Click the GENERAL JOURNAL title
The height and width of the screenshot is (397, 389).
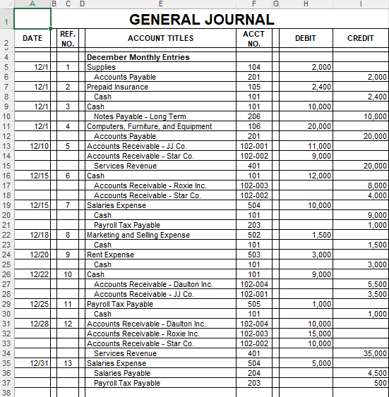(x=201, y=20)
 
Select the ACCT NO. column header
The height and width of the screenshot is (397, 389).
(x=254, y=38)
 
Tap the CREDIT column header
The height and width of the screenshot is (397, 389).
(x=361, y=38)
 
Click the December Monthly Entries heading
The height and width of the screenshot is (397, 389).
(x=138, y=57)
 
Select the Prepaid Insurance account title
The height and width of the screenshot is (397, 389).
(x=117, y=87)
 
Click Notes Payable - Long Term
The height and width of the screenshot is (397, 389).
(x=140, y=116)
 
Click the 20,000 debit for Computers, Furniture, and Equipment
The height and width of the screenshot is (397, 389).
(x=318, y=126)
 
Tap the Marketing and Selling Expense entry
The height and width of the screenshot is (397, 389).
(x=138, y=235)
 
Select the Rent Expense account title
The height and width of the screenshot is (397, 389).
(x=110, y=255)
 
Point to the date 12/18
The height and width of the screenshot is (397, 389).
(x=40, y=235)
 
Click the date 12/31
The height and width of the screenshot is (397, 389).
(x=40, y=363)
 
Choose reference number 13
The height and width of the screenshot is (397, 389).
(x=68, y=363)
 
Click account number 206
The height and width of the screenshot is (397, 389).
(x=254, y=116)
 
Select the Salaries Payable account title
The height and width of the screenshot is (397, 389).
(x=122, y=373)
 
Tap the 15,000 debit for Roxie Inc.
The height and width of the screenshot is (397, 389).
(x=318, y=334)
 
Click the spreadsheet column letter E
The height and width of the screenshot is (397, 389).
(x=161, y=4)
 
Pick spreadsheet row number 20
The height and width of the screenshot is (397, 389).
(x=6, y=215)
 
